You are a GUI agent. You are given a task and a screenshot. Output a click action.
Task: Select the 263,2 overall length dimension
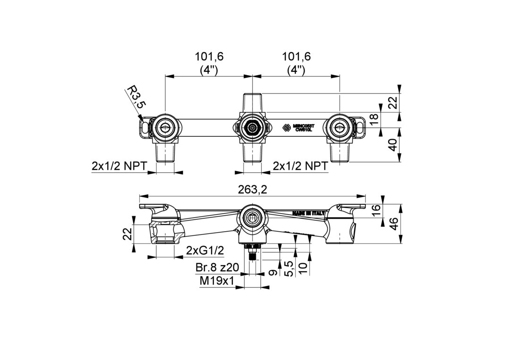point(253,189)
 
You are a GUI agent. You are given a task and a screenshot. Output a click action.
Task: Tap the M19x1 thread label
point(217,281)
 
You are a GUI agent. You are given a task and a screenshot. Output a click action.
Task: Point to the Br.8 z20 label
point(217,268)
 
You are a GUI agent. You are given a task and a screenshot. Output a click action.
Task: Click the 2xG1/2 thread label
point(204,250)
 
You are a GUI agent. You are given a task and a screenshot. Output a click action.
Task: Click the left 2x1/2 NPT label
point(119,166)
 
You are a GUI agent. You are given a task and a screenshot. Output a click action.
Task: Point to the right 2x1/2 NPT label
point(301,166)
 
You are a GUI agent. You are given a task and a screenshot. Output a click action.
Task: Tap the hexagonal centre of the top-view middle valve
point(253,127)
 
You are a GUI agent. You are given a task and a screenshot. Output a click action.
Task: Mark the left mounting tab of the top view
point(144,126)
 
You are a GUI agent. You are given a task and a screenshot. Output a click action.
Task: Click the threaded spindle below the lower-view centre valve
point(253,255)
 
